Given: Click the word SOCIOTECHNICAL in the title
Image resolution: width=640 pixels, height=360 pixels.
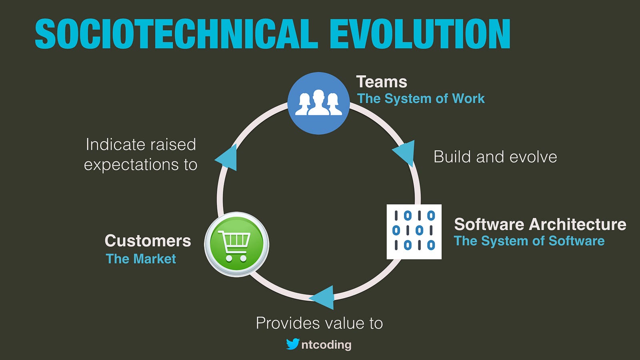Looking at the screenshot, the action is (x=176, y=34).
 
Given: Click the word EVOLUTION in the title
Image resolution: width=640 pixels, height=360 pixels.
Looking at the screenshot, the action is (x=420, y=34).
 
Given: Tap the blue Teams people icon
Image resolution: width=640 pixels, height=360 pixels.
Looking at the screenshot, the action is (x=318, y=103).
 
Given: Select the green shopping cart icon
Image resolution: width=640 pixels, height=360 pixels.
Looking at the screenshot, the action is (x=236, y=244).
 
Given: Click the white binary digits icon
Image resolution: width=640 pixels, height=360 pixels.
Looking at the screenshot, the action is (x=414, y=232).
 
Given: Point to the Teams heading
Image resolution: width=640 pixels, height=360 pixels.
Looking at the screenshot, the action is (x=382, y=82).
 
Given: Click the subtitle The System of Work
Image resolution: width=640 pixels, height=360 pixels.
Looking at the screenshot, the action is (x=421, y=98).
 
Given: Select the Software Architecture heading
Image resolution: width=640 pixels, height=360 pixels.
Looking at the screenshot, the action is (x=540, y=224).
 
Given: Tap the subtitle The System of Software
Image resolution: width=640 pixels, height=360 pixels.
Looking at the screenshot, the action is (x=529, y=241).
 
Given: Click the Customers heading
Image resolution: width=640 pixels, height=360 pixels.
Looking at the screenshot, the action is (x=148, y=240).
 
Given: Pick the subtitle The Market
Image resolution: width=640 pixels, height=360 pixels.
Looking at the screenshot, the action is (x=141, y=259).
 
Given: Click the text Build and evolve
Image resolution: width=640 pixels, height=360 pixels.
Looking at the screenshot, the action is (x=495, y=157).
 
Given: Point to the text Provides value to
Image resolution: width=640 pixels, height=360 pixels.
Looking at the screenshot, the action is (x=319, y=323).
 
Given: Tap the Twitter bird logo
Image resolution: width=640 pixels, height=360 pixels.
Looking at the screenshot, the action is (x=293, y=344).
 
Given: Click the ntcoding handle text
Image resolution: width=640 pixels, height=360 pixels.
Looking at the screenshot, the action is (x=326, y=345).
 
